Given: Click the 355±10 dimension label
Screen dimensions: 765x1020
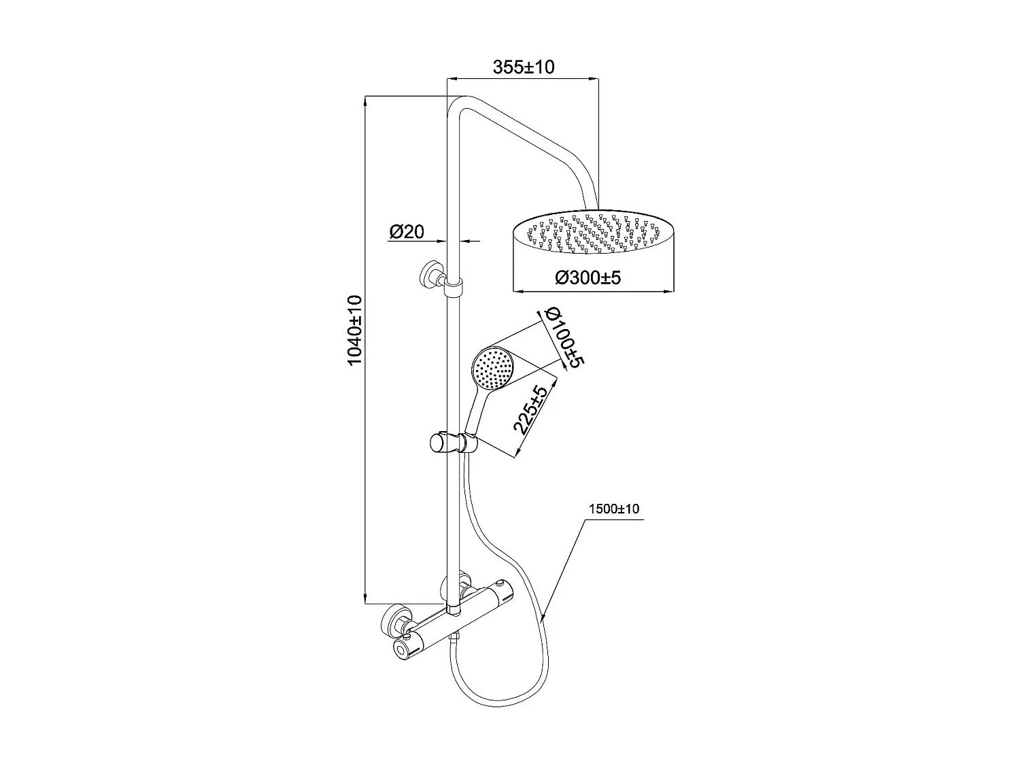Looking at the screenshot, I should [524, 67].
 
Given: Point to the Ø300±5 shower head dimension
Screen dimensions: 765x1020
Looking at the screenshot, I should [588, 277].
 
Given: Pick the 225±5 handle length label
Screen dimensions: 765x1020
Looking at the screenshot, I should [530, 409].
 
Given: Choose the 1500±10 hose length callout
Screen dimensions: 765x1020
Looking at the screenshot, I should [613, 509].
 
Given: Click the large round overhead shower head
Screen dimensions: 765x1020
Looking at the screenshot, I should [593, 236].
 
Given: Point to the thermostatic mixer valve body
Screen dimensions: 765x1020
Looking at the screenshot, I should [462, 616].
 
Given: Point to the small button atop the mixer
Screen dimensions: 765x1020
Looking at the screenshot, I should [501, 584].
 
